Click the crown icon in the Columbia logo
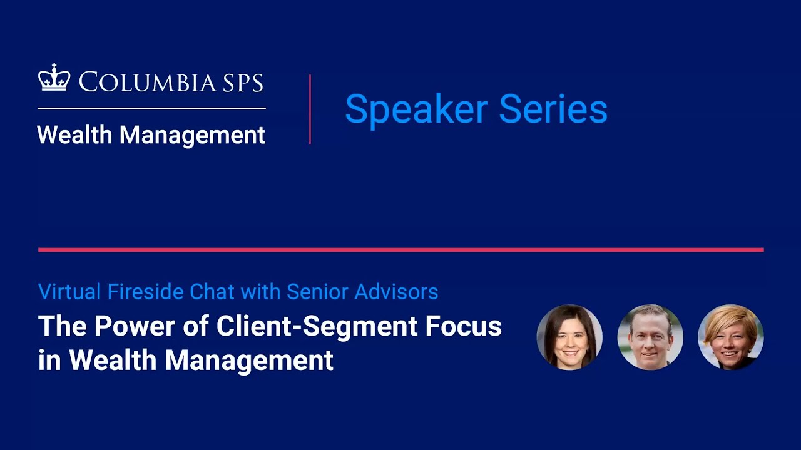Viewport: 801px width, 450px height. [x=54, y=79]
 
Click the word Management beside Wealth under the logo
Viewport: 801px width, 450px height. [x=192, y=135]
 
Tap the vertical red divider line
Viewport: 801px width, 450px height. [x=310, y=109]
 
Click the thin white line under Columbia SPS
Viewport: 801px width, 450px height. [x=151, y=108]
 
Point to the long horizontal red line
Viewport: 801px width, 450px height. [x=400, y=250]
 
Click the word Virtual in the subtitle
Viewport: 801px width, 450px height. [x=69, y=291]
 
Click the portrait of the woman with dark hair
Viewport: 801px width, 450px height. [x=569, y=337]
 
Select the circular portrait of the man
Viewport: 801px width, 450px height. [x=650, y=337]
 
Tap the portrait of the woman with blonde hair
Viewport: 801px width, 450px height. [x=731, y=337]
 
